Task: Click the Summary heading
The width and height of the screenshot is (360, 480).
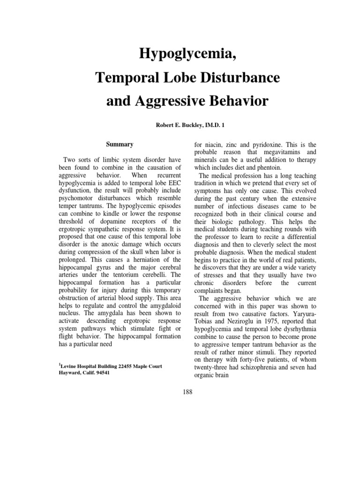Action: [x=119, y=144]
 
